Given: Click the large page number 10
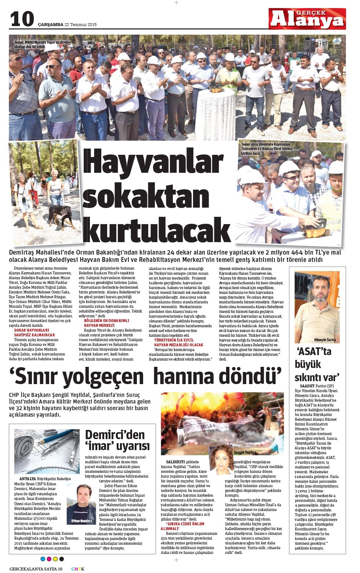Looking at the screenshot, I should (x=22, y=19).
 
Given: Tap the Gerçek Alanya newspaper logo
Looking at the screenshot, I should (x=307, y=19).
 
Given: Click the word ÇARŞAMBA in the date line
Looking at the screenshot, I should (x=51, y=25).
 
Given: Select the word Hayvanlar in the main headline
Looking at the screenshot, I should (x=153, y=163).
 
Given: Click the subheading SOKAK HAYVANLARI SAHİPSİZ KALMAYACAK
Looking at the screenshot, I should (x=34, y=332).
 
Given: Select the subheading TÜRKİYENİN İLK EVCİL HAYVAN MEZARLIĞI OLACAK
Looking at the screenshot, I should (x=178, y=342).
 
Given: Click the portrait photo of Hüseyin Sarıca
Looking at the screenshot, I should (x=317, y=305).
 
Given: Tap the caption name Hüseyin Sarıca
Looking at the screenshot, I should (x=325, y=340).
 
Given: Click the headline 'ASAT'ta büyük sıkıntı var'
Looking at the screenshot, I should (x=317, y=364).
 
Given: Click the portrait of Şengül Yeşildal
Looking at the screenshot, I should (x=221, y=459).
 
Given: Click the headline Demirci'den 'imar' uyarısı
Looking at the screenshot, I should (x=117, y=440).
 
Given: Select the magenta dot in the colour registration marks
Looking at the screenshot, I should (x=49, y=559).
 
